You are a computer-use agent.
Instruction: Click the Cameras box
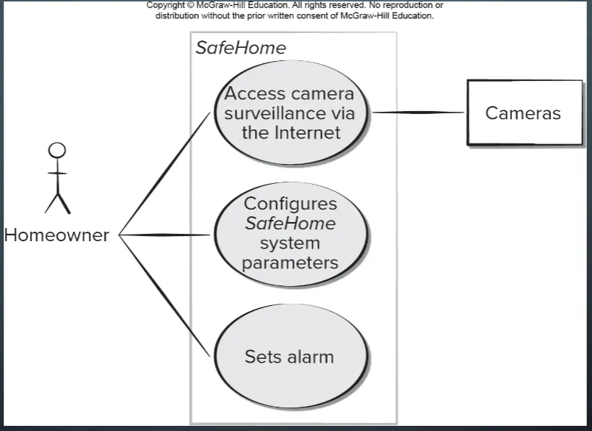coord(523,113)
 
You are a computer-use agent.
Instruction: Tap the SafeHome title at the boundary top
coord(240,49)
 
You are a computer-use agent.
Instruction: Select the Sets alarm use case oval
coord(289,357)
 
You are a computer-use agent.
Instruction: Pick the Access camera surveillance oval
coord(289,113)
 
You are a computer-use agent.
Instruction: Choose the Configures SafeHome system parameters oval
coord(289,234)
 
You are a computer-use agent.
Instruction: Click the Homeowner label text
coord(57,235)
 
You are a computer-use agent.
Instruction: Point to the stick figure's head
coord(57,151)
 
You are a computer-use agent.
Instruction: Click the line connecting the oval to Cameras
coord(419,113)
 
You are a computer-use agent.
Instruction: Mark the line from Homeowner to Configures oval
coord(165,235)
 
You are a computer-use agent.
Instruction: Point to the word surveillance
coord(289,113)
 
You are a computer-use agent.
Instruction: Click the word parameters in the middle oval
coord(289,263)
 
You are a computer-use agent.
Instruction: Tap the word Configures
coord(289,204)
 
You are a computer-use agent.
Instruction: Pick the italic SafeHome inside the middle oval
coord(289,224)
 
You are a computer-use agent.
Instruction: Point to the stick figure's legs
coord(57,202)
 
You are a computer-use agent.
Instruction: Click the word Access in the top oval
coord(254,94)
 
